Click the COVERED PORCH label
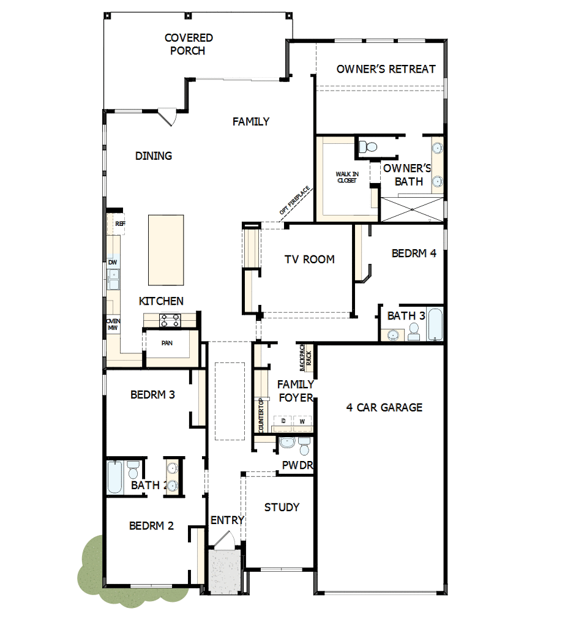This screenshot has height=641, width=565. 189,44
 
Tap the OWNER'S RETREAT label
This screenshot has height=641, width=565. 386,69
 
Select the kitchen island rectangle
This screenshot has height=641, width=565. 166,250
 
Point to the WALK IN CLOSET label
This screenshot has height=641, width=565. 347,178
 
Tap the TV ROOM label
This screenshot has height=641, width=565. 309,259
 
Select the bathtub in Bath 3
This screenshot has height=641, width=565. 435,324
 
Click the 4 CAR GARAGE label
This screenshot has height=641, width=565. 384,407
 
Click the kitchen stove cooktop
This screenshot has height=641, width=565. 170,320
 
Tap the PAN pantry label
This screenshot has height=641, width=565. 167,343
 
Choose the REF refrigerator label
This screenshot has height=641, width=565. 120,224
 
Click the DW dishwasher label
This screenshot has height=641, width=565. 113,263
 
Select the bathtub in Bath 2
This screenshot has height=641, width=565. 115,478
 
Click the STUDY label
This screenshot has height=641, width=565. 282,507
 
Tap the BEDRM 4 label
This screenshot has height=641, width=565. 414,253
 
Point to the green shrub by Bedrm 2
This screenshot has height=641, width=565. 92,569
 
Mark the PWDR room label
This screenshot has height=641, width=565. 297,465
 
